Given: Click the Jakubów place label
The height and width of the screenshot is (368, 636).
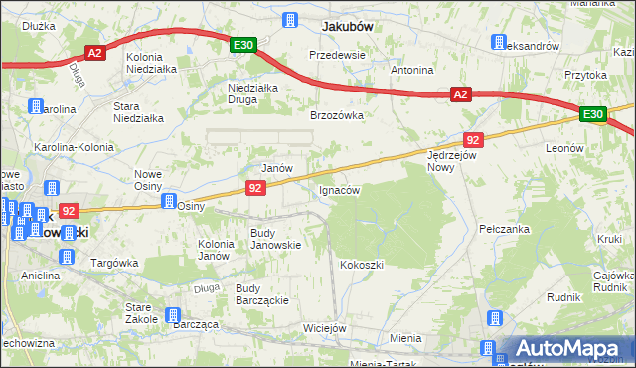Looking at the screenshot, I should click(347, 27).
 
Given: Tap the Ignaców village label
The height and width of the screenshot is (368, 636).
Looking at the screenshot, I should click(338, 189).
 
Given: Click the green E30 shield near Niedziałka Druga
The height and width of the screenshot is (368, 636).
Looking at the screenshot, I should click(244, 45).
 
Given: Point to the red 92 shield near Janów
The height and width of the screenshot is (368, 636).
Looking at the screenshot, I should click(255, 187).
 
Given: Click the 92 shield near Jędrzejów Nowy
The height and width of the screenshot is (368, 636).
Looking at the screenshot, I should click(473, 140).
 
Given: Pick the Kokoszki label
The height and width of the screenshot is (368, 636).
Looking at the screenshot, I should click(361, 265).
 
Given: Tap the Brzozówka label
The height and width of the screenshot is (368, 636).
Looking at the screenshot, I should click(337, 115).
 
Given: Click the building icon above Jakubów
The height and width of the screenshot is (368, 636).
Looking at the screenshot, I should click(291, 20).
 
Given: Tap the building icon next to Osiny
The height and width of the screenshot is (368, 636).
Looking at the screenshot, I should click(169, 199).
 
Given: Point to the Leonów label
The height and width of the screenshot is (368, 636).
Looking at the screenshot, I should click(563, 147).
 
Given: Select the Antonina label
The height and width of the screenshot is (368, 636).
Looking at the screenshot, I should click(412, 71).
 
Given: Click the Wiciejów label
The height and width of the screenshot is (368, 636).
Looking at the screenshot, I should click(324, 328).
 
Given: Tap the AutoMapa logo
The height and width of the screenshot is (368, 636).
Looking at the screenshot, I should click(566, 349).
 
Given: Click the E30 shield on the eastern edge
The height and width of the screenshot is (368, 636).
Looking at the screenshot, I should click(593, 115).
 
